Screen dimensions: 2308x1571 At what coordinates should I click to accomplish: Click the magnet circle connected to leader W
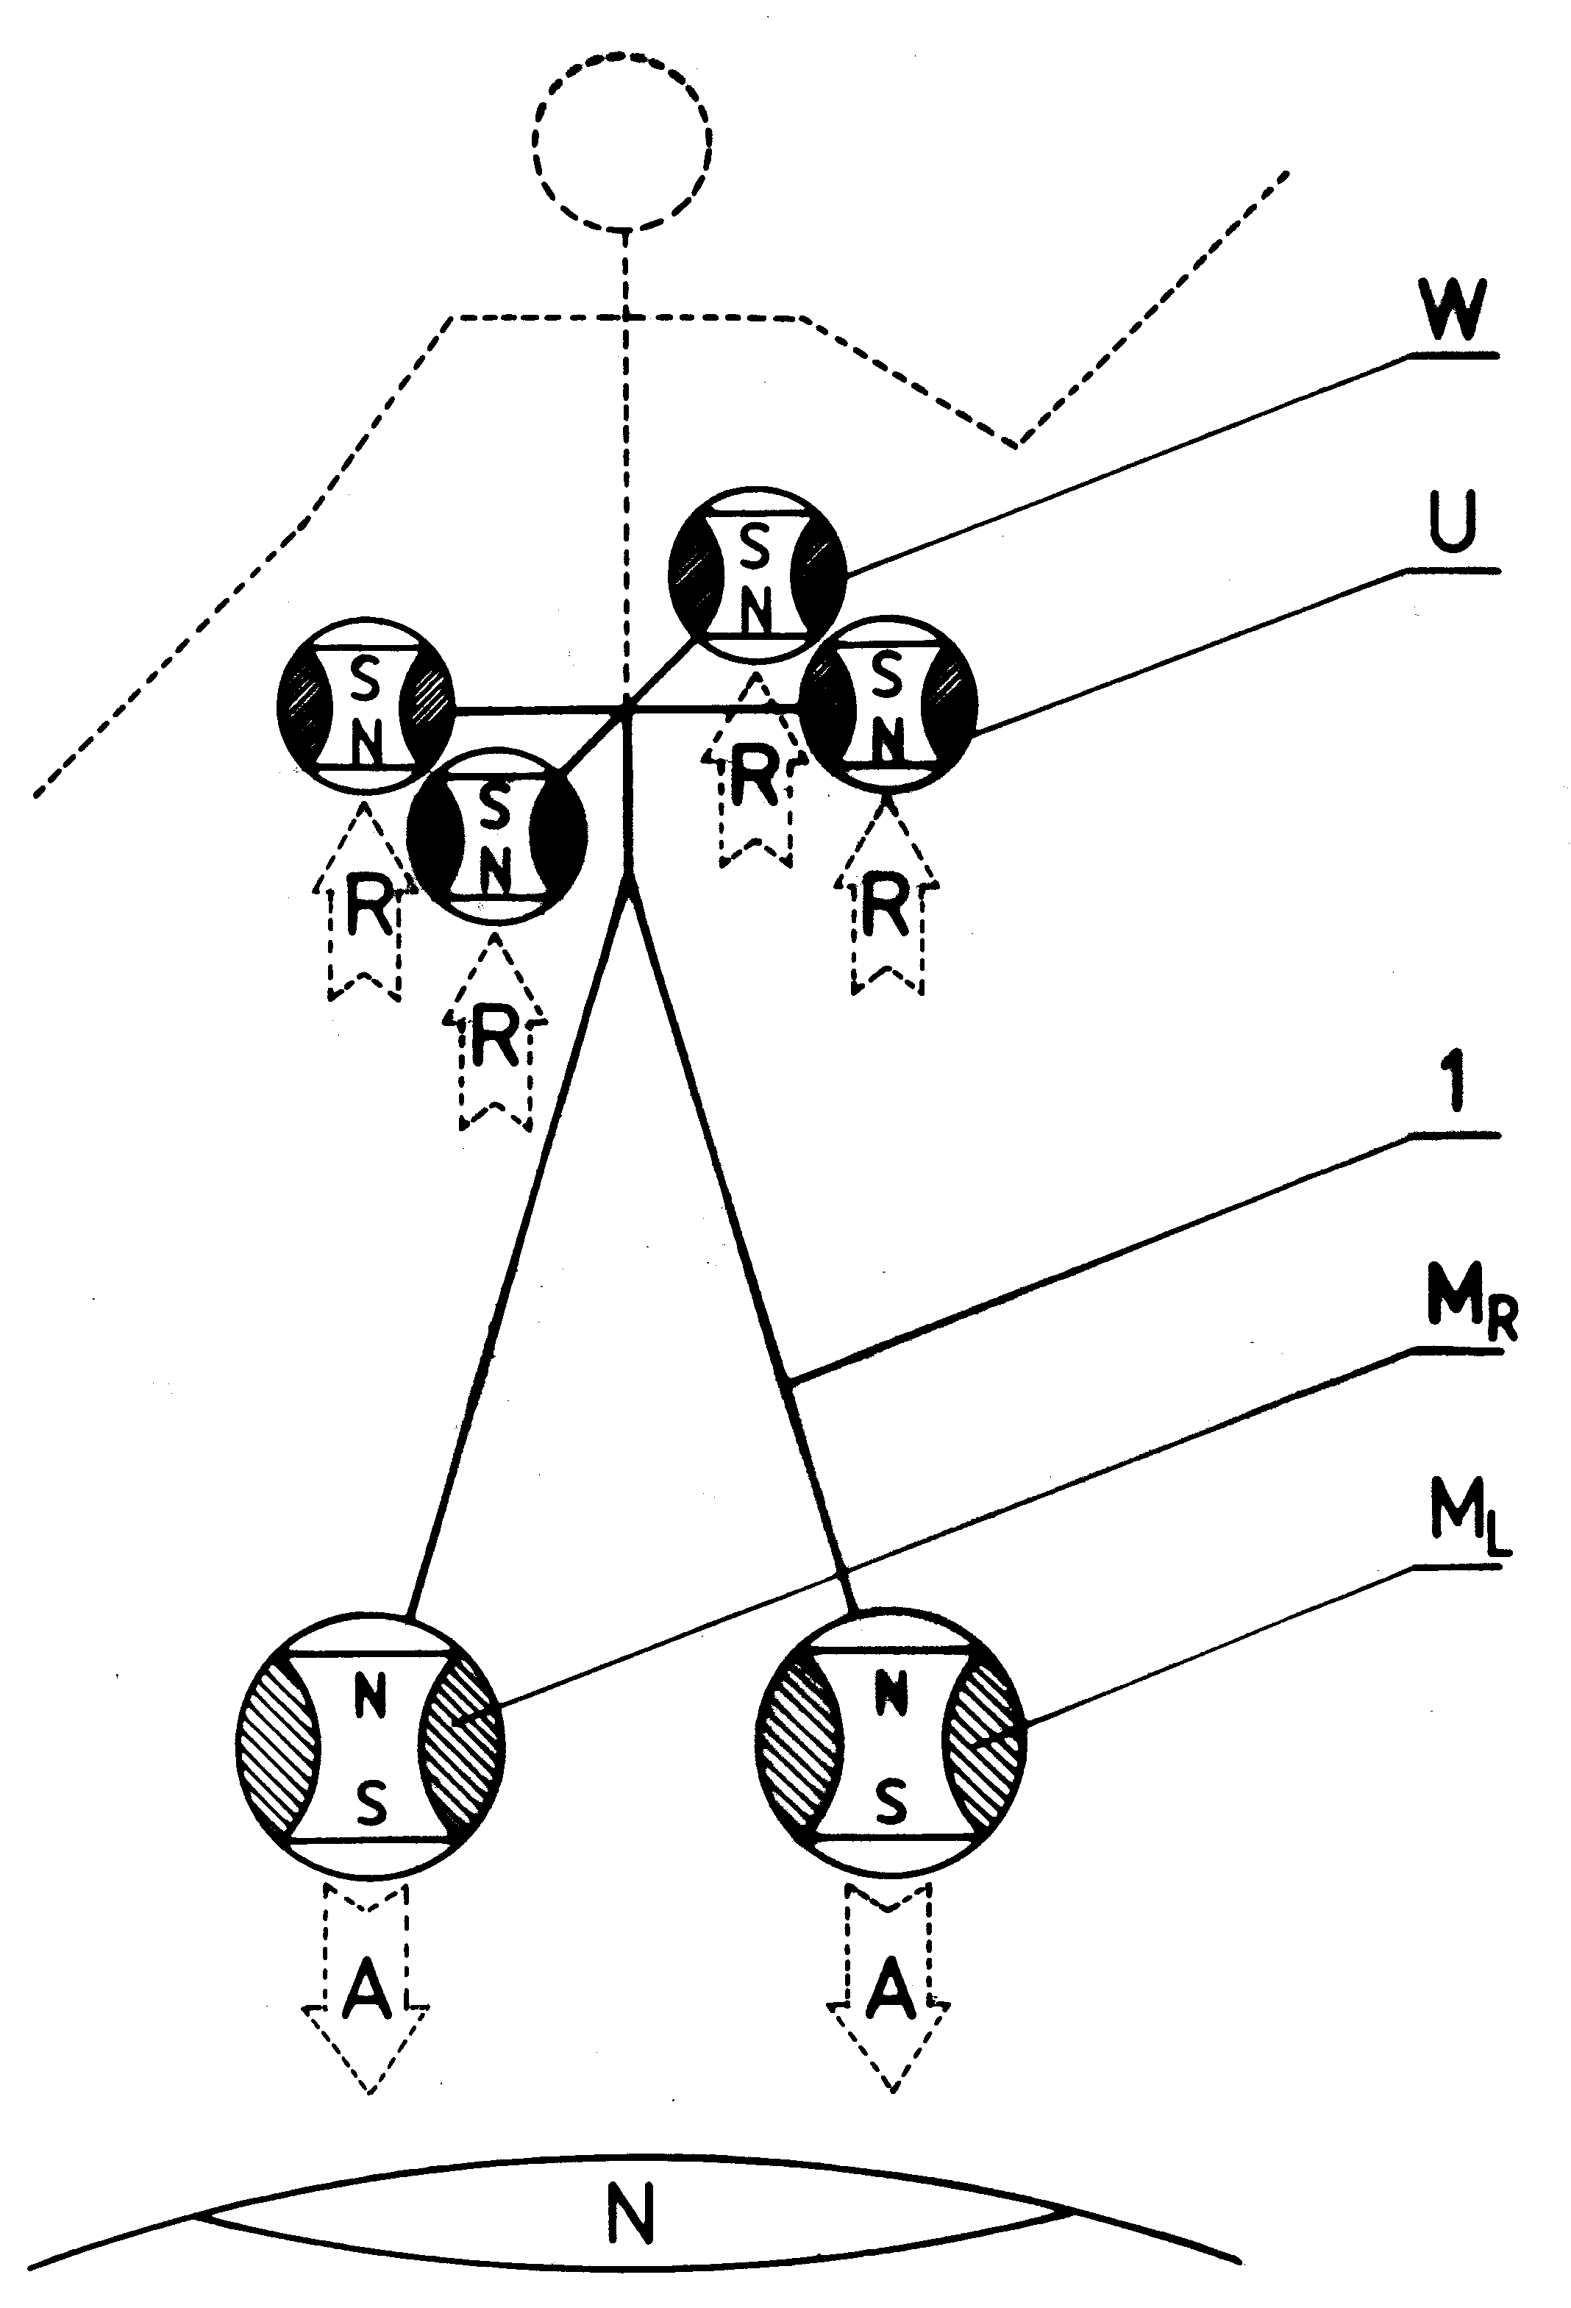click(x=757, y=576)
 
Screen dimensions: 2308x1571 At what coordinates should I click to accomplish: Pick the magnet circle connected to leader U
click(x=888, y=705)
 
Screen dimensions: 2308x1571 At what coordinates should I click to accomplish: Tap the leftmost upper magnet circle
click(x=365, y=705)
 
